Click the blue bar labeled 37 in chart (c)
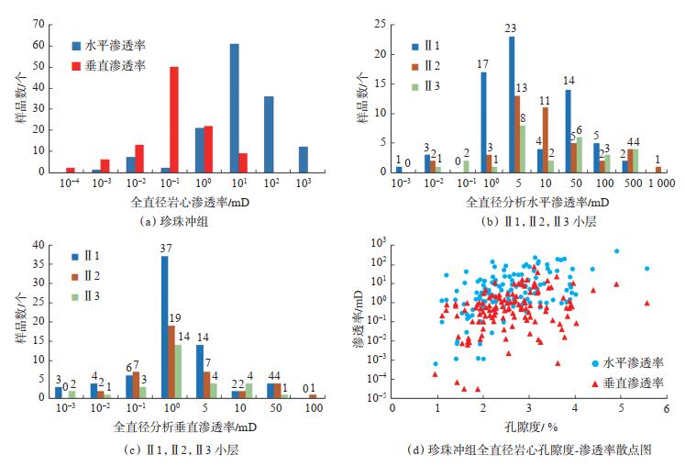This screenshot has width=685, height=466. coord(164,326)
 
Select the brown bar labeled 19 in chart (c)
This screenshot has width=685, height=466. coord(171,361)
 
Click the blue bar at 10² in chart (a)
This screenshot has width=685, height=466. coord(269,133)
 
